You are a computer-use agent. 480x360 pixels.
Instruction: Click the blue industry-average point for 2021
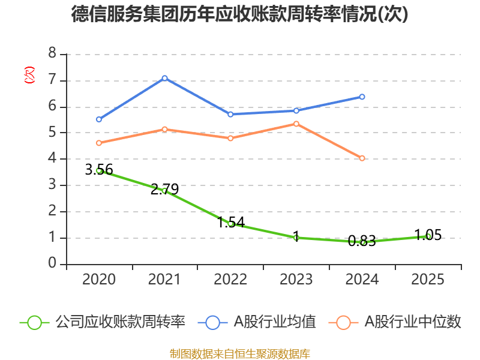[x=164, y=78]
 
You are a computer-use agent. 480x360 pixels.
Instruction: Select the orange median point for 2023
[x=296, y=124]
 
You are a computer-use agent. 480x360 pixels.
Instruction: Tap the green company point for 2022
[x=230, y=224]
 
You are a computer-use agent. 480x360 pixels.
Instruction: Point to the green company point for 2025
[x=428, y=236]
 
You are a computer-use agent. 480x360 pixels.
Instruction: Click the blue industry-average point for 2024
[x=362, y=97]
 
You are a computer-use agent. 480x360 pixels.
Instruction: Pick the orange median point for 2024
[x=362, y=158]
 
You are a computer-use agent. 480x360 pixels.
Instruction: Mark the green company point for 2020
[x=99, y=170]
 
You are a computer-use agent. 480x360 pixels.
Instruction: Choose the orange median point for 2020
[x=99, y=143]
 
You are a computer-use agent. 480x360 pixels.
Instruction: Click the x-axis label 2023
[x=296, y=280]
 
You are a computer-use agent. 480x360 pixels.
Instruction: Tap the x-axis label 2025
[x=428, y=280]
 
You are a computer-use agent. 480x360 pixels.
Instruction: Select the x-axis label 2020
[x=99, y=280]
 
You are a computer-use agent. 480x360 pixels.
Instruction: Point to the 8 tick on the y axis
[x=53, y=54]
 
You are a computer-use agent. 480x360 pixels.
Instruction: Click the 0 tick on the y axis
[x=53, y=264]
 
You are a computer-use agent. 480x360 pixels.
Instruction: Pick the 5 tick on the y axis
[x=53, y=133]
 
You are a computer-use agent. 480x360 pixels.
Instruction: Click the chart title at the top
[x=240, y=14]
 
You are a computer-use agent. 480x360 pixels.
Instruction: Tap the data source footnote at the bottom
[x=240, y=353]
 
